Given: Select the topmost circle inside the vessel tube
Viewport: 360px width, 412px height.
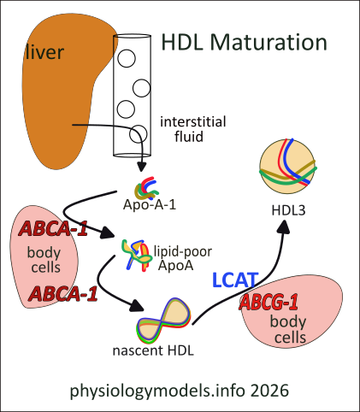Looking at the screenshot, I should (128, 60).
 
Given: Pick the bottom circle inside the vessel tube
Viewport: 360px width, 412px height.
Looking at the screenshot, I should (138, 134).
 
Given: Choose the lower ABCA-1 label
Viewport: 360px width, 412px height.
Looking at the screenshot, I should (62, 295).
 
